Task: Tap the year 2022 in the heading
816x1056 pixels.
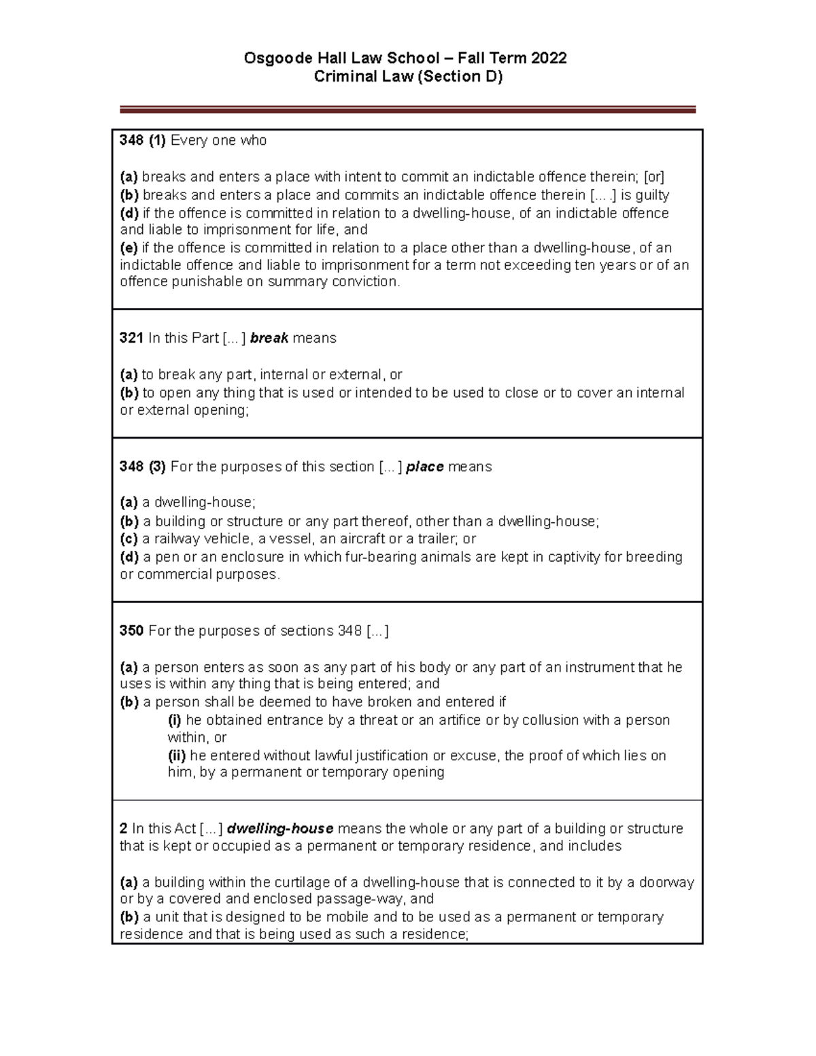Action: point(549,58)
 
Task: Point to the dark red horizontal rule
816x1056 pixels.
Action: point(407,109)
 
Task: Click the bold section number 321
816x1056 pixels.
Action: point(131,338)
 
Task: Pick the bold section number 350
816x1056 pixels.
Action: point(131,631)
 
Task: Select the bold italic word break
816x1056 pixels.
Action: point(269,338)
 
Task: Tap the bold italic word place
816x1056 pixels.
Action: point(424,467)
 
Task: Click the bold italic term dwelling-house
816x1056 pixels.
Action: point(279,829)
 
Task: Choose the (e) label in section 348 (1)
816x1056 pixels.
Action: point(129,248)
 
